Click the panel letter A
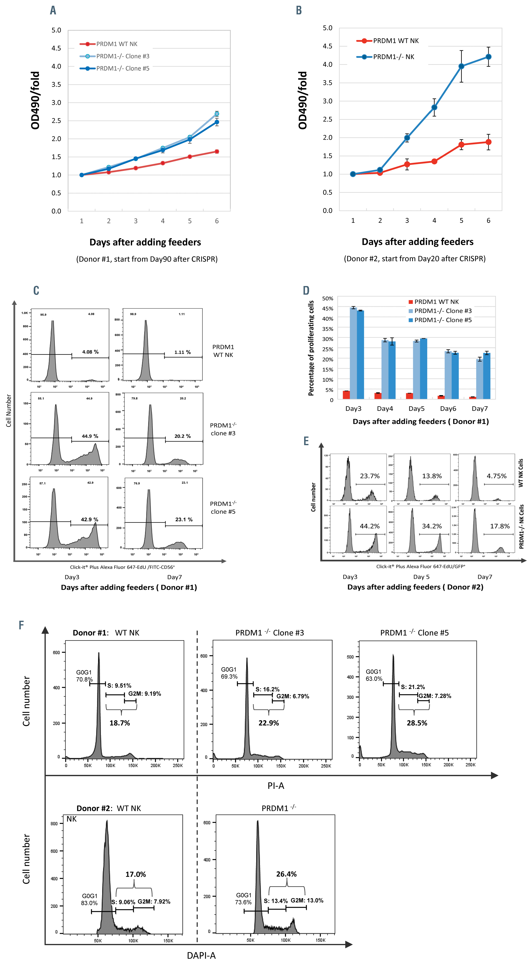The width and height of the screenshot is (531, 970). pos(53,10)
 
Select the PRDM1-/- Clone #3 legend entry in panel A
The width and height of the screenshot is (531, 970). pos(122,56)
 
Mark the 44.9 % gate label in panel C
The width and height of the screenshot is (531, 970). pos(90,436)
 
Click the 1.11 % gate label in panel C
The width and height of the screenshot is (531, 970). pos(182,352)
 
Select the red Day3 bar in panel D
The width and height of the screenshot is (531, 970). pos(346,395)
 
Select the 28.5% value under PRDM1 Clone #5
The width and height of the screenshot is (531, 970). pos(417,723)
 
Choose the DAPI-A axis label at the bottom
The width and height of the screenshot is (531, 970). pos(201,955)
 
